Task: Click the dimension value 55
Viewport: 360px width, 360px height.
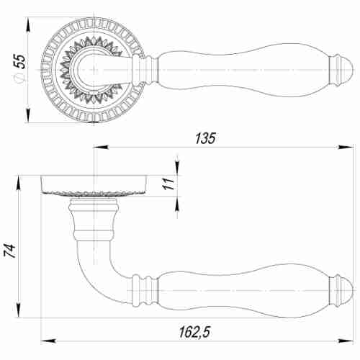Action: [20, 61]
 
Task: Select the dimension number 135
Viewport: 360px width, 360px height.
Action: [205, 138]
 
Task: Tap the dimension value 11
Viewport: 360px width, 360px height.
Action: [169, 184]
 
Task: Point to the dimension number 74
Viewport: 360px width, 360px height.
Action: [10, 251]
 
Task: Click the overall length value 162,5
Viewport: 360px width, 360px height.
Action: [194, 332]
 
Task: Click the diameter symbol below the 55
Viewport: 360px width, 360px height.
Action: [19, 78]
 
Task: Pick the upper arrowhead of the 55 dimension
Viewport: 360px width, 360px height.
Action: [28, 24]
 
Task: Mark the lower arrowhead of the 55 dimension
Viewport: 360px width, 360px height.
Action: [28, 116]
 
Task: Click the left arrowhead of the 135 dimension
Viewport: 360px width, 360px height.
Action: [101, 147]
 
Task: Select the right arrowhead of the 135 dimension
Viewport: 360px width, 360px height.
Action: [346, 147]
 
